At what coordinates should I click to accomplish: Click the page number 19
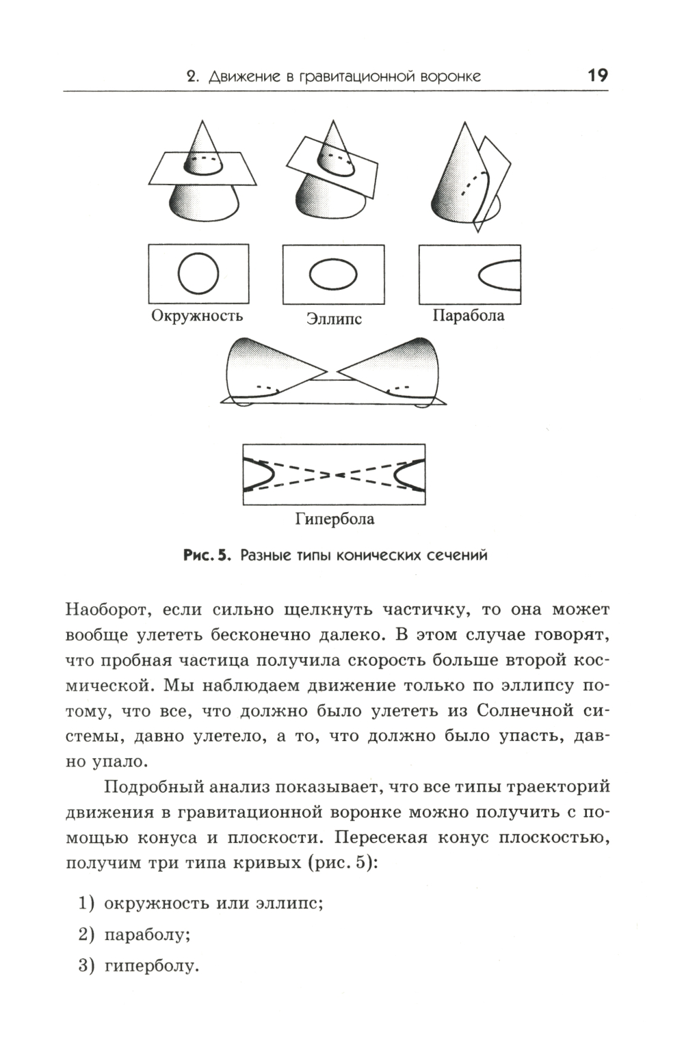click(x=597, y=75)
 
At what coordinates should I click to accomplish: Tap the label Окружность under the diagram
click(x=196, y=316)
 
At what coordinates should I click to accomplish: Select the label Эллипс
click(x=333, y=319)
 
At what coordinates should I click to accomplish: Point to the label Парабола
click(x=469, y=316)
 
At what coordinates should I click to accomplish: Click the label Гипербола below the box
click(x=334, y=519)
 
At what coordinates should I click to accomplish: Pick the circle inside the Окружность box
click(x=198, y=273)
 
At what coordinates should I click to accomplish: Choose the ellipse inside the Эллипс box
click(x=332, y=274)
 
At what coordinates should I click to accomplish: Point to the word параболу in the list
click(x=146, y=935)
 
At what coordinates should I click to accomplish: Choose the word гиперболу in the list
click(x=150, y=966)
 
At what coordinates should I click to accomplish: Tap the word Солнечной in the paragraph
click(x=524, y=710)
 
